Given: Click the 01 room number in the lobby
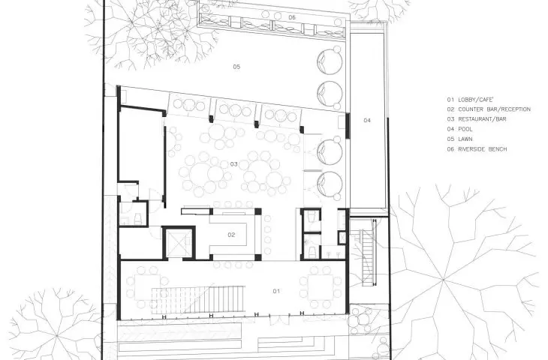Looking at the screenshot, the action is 276,291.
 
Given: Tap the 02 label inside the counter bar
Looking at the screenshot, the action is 231,235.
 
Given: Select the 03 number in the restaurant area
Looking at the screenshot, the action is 233,163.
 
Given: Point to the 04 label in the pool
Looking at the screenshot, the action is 367,121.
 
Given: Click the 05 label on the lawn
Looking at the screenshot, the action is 236,66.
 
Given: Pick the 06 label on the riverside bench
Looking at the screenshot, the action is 292,17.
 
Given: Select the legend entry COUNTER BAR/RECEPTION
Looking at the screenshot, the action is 494,109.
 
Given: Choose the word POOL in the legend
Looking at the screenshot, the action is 465,129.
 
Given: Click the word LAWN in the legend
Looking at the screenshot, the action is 465,139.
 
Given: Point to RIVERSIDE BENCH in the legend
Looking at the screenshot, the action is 482,149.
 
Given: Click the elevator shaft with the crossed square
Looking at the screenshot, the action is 179,243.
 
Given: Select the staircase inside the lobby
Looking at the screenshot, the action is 197,298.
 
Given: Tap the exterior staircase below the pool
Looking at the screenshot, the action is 367,257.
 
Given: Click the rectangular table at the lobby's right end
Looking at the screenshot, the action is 321,287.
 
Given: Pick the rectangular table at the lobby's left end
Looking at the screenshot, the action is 147,287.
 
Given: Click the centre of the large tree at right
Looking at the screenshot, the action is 443,280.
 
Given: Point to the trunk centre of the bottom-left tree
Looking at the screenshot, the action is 57,336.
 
